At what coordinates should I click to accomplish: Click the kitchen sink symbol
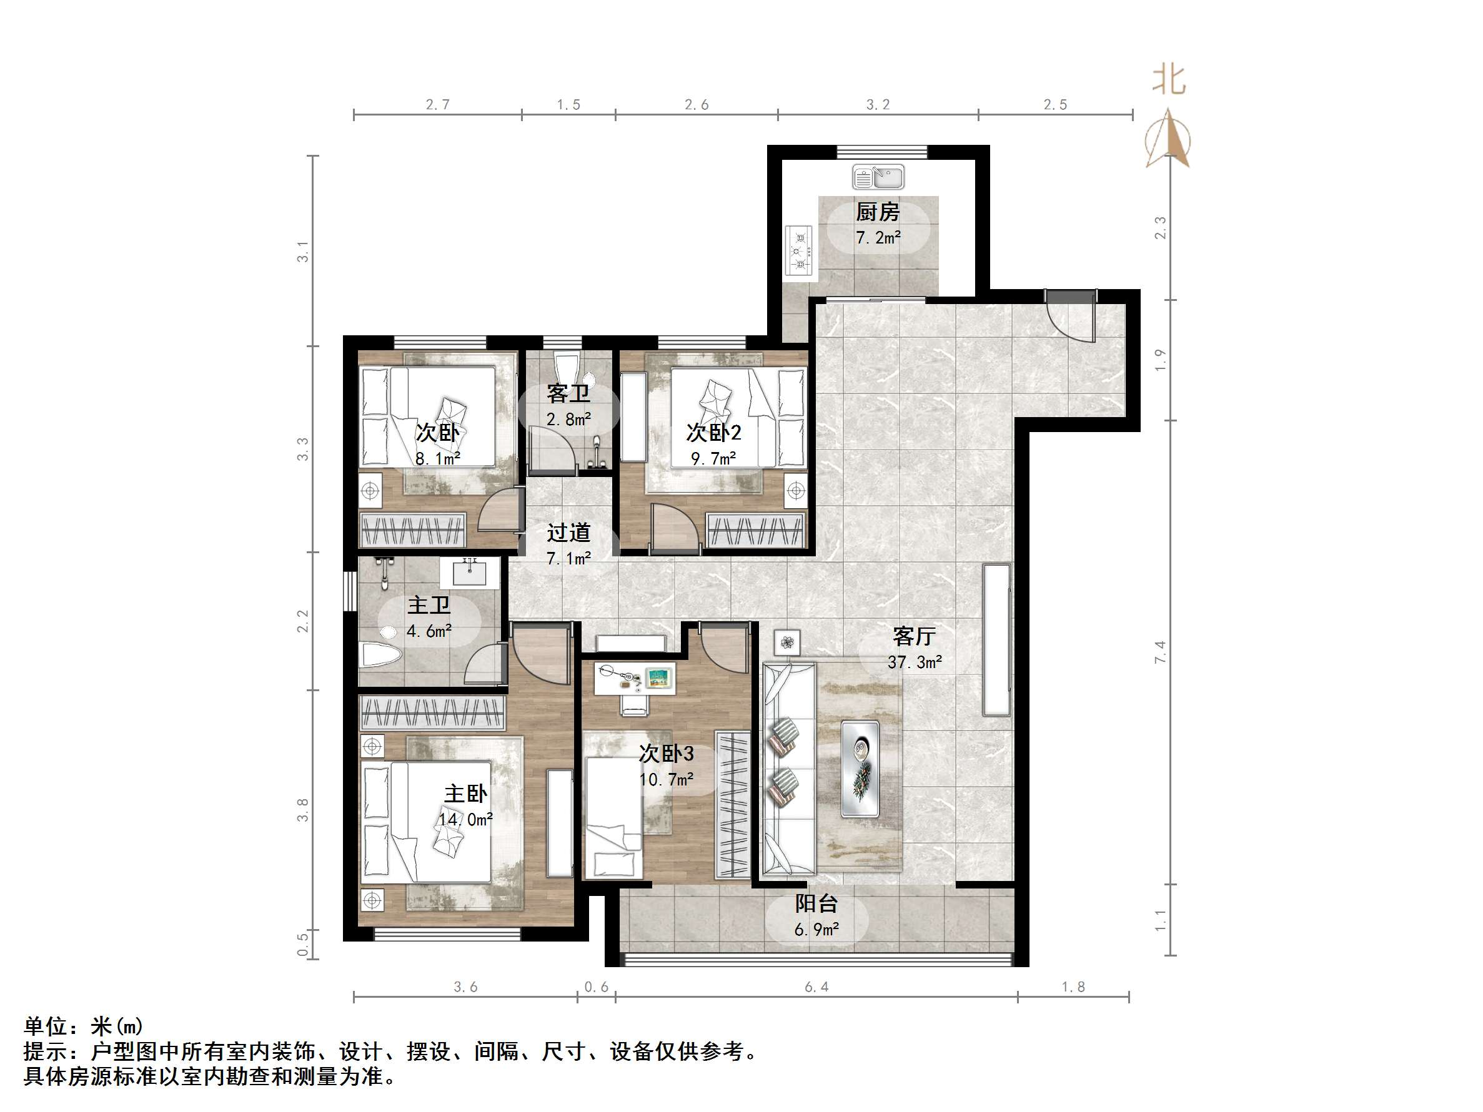pyautogui.click(x=878, y=177)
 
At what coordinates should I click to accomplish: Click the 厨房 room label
pyautogui.click(x=878, y=212)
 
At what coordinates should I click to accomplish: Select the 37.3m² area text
pyautogui.click(x=915, y=663)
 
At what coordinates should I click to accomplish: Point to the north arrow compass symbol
pyautogui.click(x=1169, y=139)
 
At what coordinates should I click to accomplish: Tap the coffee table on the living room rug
pyautogui.click(x=860, y=769)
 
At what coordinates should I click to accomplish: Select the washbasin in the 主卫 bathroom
pyautogui.click(x=470, y=574)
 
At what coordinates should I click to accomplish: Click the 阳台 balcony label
pyautogui.click(x=816, y=903)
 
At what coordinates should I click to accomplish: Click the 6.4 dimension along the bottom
pyautogui.click(x=816, y=987)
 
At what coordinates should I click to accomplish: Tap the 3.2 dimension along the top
pyautogui.click(x=878, y=104)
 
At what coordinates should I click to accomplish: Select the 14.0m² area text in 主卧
pyautogui.click(x=466, y=819)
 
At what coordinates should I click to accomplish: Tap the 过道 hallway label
pyautogui.click(x=568, y=532)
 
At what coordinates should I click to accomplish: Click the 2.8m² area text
pyautogui.click(x=568, y=420)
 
